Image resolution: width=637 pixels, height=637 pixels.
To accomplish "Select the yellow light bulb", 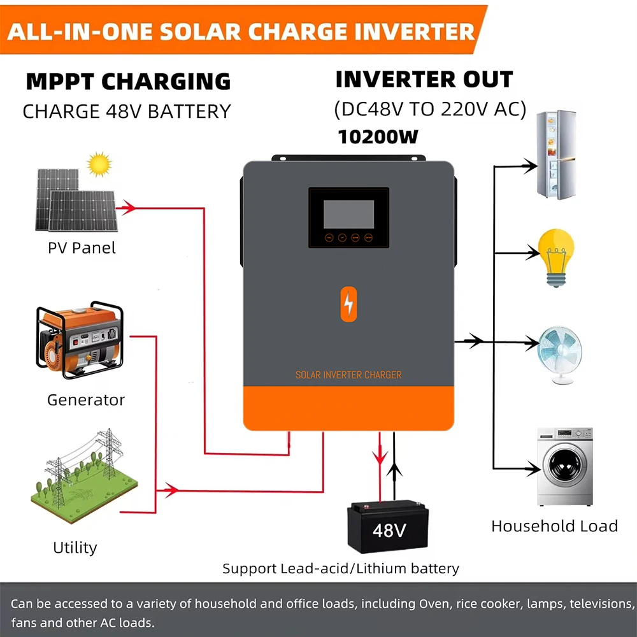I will [x=556, y=257].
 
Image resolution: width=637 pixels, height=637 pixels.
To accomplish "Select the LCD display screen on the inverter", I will [x=348, y=214].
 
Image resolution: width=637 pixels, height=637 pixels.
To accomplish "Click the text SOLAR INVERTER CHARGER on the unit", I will [x=348, y=375].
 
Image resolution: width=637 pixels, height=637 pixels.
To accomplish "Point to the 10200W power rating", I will [x=378, y=137].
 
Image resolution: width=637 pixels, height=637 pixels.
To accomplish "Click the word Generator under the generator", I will [x=86, y=400].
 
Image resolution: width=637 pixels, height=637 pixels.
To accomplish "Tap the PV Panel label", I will [x=82, y=248].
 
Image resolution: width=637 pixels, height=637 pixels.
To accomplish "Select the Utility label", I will [x=75, y=548].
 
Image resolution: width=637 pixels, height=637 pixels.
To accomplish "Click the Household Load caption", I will [x=554, y=526].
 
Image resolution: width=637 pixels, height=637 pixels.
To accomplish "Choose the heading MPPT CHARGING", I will [x=128, y=82].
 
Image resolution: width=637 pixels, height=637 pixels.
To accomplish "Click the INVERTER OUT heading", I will [x=424, y=80].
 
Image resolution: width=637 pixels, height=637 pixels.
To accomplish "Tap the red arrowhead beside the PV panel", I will [x=129, y=208].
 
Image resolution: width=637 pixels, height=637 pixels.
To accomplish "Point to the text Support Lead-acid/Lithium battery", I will [x=341, y=568].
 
